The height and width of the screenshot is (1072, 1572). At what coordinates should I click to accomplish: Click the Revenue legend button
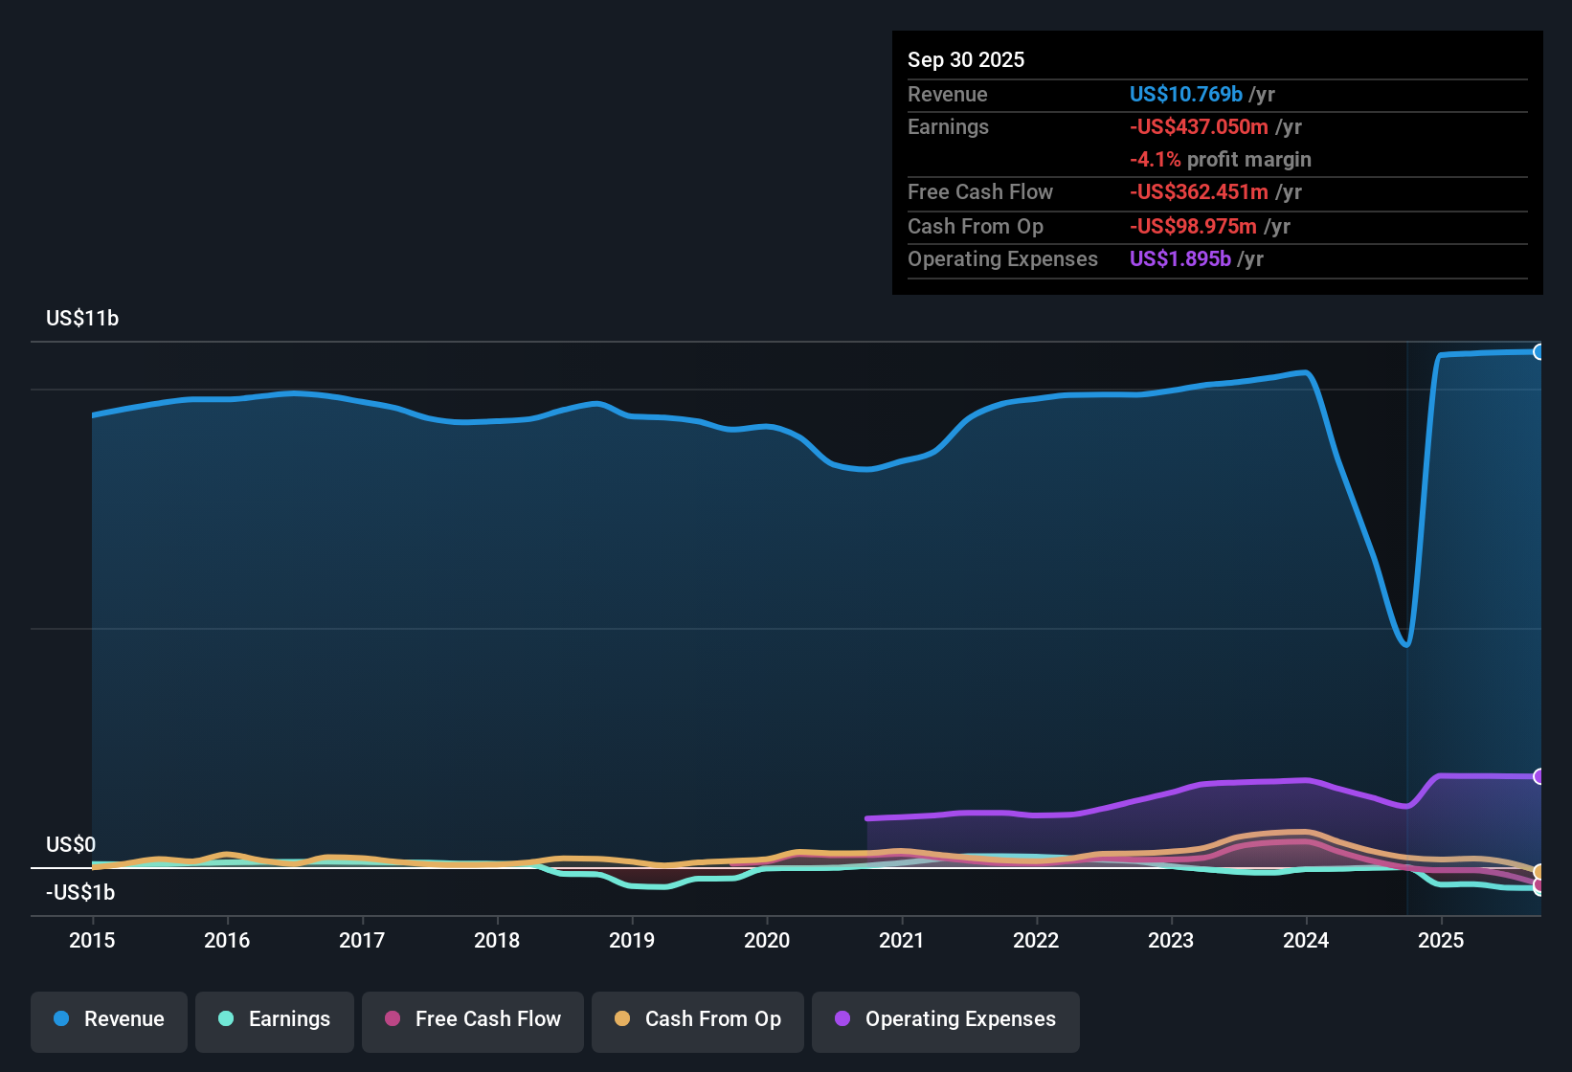pos(109,1019)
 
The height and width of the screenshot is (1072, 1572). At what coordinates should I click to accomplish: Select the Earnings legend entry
pos(275,1019)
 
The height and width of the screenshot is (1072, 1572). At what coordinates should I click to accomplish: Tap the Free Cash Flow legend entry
pos(473,1019)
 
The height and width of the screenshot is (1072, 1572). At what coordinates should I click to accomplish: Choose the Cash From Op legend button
pos(698,1019)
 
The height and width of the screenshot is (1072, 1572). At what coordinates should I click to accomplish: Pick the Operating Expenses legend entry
pos(946,1019)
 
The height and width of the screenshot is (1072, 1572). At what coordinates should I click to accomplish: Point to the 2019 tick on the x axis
pos(632,940)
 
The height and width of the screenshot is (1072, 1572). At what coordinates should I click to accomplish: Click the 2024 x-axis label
pos(1306,940)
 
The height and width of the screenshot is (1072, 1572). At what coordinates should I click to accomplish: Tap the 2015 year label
pos(92,940)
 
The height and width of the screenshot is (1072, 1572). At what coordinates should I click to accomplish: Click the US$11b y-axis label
pos(82,319)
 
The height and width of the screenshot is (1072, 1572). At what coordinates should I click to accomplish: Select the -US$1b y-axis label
pos(80,893)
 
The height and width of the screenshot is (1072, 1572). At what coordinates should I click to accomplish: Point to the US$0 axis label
pos(71,845)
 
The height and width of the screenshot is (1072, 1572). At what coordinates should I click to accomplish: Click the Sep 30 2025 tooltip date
pos(966,59)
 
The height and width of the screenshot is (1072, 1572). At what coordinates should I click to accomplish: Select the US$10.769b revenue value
pos(1185,94)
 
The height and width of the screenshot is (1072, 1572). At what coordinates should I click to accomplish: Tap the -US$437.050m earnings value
pos(1199,126)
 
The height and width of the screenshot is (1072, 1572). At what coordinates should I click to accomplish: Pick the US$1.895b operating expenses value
pos(1179,259)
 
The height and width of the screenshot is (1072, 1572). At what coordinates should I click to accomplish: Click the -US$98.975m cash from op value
pos(1193,227)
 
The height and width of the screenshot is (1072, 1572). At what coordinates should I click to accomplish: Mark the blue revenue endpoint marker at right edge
pos(1538,352)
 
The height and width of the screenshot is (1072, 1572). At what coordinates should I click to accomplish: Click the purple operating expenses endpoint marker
pos(1538,776)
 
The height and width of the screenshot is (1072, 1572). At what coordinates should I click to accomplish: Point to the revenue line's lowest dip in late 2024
pos(1405,644)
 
